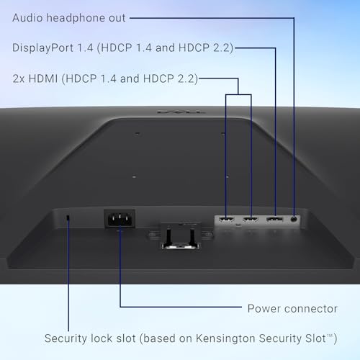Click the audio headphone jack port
click(294, 219)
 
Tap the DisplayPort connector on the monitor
click(274, 219)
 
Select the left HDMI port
click(226, 219)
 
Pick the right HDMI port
click(251, 219)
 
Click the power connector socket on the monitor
click(120, 219)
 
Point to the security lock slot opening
click(68, 217)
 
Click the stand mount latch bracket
click(181, 235)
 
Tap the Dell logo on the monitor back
click(181, 112)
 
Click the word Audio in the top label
click(27, 18)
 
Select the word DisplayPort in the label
click(43, 48)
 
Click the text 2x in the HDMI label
click(19, 78)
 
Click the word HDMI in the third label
click(43, 78)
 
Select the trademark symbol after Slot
click(330, 336)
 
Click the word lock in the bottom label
click(102, 338)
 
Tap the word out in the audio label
click(117, 19)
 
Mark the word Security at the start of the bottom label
click(66, 338)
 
